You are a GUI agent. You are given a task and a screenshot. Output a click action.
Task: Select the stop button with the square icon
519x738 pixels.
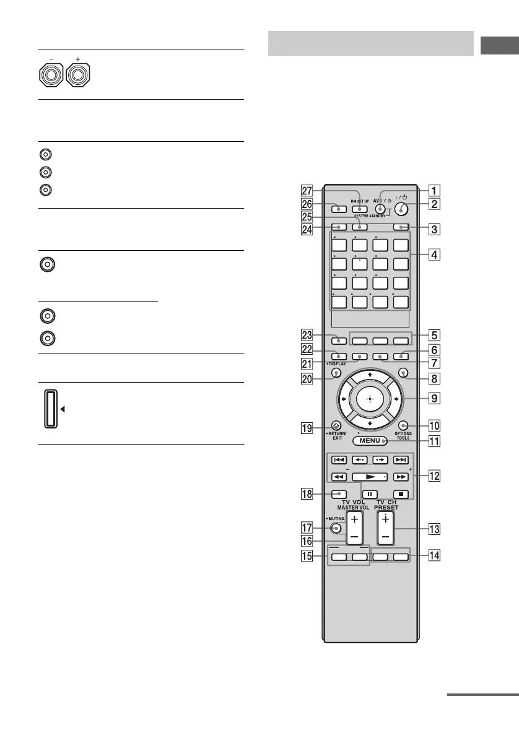[401, 495]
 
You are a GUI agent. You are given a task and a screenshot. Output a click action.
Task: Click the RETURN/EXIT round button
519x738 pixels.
[336, 425]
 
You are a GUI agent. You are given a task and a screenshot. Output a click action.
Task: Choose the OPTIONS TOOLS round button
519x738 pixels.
[403, 425]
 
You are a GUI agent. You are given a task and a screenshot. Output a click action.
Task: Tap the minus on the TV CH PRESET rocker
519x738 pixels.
[385, 534]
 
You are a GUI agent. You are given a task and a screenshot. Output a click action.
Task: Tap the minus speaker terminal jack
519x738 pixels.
[51, 76]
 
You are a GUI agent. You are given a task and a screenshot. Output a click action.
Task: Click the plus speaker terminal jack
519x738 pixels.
[77, 76]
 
